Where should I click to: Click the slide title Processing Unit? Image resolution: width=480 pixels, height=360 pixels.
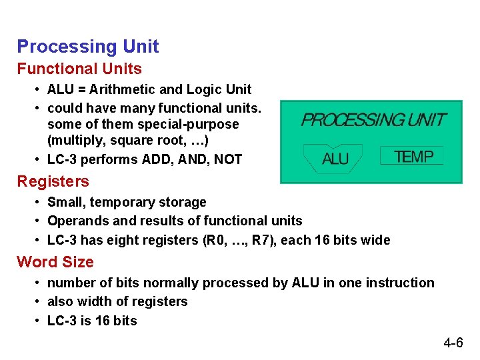[x=87, y=47]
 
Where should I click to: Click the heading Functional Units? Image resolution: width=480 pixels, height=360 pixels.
[x=79, y=69]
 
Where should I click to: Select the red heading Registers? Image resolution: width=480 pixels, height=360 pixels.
[x=53, y=181]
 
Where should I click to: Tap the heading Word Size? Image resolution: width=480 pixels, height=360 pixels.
[x=55, y=262]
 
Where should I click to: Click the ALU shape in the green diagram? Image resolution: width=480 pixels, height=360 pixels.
[x=335, y=158]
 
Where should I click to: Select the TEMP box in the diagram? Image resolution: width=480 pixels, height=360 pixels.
[x=413, y=157]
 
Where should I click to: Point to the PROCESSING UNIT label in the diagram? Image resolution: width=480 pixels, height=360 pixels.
[x=373, y=121]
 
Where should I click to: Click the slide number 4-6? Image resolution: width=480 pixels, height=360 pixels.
[x=453, y=343]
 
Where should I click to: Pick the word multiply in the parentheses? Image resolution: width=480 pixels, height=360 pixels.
[x=73, y=141]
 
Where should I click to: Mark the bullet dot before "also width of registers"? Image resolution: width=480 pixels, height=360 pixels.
[x=39, y=302]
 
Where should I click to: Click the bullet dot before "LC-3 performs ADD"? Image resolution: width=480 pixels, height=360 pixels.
[x=39, y=160]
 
